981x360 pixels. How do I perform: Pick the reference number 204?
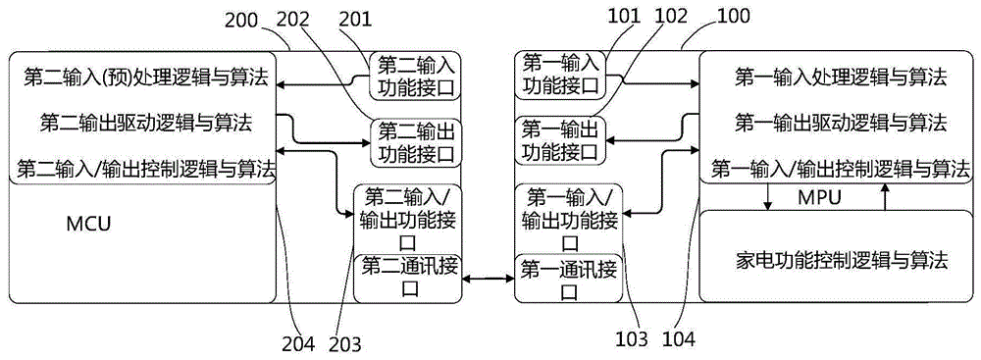(x=299, y=343)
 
